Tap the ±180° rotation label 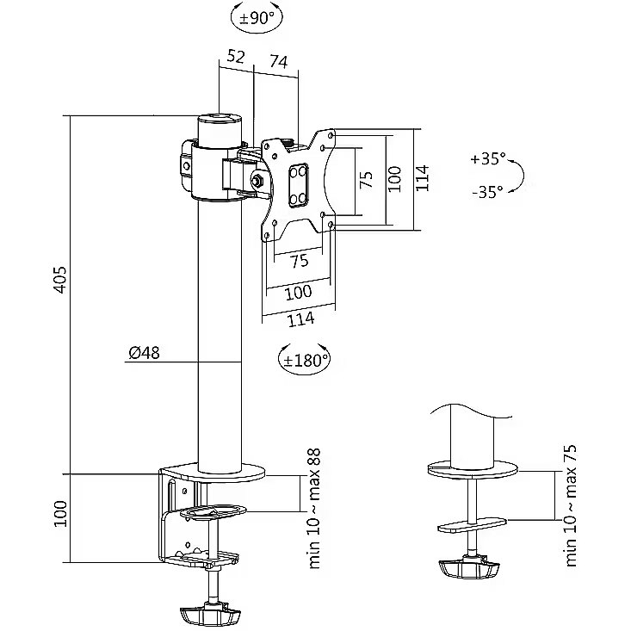[x=305, y=359]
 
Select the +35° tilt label [x=488, y=159]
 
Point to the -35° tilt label [x=487, y=192]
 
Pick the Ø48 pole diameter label [x=144, y=352]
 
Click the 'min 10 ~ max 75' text [x=572, y=505]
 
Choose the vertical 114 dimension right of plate [x=421, y=179]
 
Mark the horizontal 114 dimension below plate [x=300, y=319]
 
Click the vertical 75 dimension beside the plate [x=366, y=179]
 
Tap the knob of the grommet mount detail [x=468, y=569]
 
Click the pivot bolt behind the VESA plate [x=257, y=182]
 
